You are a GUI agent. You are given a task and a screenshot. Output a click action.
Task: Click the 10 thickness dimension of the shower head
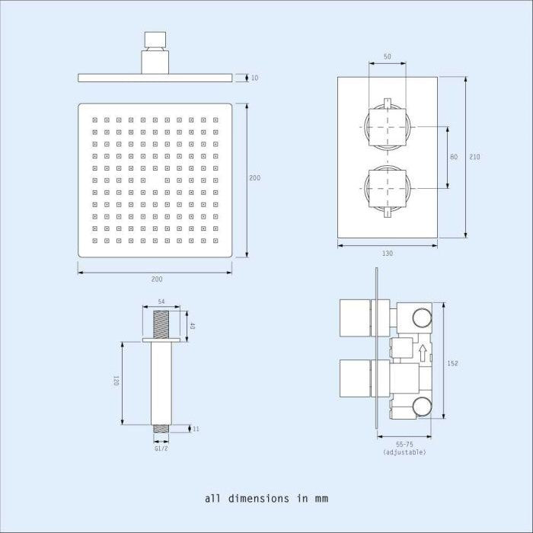tap(254, 78)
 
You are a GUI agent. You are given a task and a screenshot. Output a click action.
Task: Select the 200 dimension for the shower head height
tap(255, 178)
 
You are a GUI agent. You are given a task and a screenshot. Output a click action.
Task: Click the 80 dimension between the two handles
tap(454, 157)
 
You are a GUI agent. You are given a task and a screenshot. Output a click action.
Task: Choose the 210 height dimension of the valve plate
tap(475, 157)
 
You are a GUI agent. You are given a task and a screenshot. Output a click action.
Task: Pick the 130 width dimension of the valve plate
tap(388, 253)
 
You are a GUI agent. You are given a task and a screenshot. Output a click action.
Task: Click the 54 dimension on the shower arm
tap(161, 302)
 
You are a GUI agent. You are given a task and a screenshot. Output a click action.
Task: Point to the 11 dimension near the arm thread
tap(196, 429)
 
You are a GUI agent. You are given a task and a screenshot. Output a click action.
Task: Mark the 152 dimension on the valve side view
tap(453, 364)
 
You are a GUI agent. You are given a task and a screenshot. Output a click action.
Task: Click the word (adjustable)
tap(404, 452)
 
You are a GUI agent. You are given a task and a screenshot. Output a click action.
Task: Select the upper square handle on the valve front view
tap(388, 123)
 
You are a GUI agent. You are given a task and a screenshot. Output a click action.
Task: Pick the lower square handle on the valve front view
tap(388, 187)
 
